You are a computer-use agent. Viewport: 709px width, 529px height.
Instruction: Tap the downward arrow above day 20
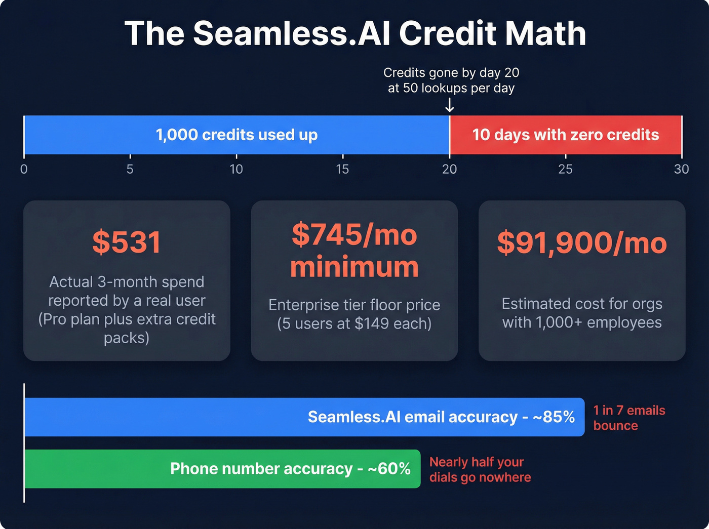click(x=449, y=105)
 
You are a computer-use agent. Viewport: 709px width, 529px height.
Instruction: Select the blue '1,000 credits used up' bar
click(x=237, y=135)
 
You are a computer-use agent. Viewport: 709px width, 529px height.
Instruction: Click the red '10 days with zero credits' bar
click(x=566, y=135)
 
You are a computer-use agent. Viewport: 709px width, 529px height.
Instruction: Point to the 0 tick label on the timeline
click(x=24, y=169)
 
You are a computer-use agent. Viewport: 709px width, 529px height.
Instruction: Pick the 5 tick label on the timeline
click(x=130, y=169)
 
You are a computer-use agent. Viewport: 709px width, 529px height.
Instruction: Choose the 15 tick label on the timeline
click(x=342, y=169)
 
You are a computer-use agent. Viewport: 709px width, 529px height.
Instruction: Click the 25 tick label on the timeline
click(x=565, y=169)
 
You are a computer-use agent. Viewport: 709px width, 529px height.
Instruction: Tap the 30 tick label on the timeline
click(x=681, y=169)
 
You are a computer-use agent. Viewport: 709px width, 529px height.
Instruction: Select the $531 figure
click(x=127, y=242)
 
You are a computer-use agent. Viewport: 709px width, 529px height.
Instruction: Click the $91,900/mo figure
click(x=582, y=243)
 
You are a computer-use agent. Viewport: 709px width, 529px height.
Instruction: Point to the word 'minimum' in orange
click(x=354, y=267)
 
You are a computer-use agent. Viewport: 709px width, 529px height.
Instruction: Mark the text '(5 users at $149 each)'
click(x=354, y=323)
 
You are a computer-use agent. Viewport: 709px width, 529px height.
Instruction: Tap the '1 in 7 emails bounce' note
click(x=629, y=418)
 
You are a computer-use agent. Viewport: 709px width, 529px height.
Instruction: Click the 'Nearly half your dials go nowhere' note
click(x=480, y=469)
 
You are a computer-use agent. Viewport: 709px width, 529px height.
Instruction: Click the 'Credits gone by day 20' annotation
click(x=451, y=73)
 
